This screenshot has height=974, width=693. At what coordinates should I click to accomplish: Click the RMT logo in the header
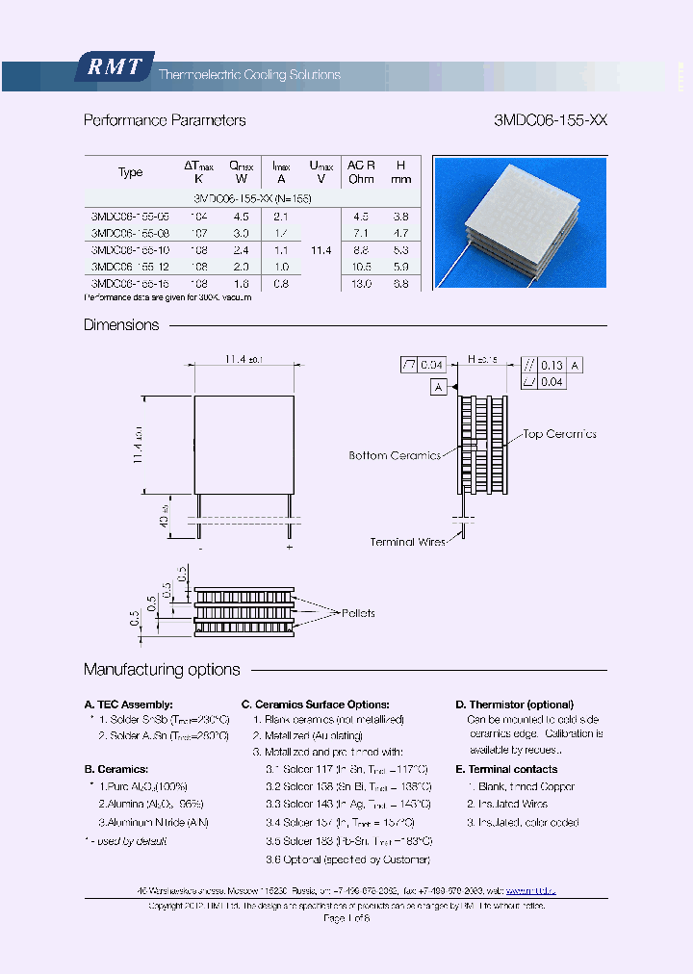[115, 67]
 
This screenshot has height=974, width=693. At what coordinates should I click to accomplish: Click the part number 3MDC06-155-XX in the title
[550, 120]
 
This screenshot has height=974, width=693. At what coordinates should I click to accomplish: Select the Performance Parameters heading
[165, 120]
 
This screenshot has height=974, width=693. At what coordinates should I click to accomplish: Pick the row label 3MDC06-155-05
[129, 217]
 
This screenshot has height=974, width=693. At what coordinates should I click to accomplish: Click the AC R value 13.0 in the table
[361, 284]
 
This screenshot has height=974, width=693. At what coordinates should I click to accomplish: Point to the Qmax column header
[241, 172]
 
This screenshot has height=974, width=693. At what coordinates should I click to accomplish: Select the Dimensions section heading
[121, 325]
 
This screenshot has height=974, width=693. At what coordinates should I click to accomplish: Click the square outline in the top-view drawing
[244, 443]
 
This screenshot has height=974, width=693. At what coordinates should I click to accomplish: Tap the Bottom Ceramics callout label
[395, 455]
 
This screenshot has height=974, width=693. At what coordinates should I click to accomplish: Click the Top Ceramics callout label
[559, 434]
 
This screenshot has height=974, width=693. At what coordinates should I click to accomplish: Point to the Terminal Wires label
[408, 542]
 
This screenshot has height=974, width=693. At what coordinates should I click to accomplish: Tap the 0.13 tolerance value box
[552, 365]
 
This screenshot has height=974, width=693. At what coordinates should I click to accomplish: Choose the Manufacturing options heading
[162, 670]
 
